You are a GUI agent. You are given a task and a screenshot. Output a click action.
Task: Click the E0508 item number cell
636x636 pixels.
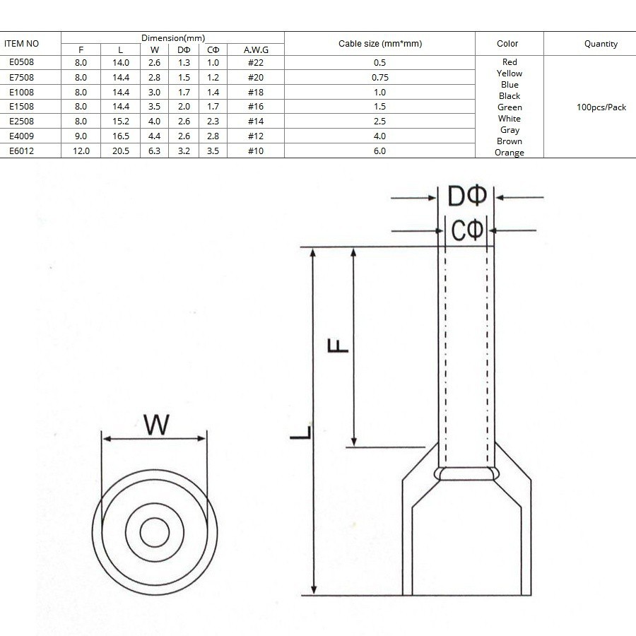(21, 62)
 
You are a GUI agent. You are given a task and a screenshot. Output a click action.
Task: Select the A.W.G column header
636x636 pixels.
(256, 50)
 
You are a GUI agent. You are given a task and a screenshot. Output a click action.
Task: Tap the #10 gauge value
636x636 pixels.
(256, 151)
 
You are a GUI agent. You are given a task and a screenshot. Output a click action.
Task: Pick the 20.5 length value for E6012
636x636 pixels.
(121, 151)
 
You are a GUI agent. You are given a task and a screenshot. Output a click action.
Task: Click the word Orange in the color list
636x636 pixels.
(510, 153)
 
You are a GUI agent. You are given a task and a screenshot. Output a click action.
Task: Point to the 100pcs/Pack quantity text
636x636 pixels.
(601, 107)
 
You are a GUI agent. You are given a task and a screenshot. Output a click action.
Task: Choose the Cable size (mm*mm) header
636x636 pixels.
(380, 43)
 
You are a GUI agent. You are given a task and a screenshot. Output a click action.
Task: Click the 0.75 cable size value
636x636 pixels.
(380, 78)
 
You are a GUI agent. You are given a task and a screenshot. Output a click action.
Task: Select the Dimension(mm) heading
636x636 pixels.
(173, 38)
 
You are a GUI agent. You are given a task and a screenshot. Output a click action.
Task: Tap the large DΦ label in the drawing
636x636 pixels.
(466, 196)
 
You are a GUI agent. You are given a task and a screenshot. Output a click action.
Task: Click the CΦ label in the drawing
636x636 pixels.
(467, 230)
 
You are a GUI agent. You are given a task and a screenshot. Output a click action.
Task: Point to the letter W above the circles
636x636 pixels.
(156, 425)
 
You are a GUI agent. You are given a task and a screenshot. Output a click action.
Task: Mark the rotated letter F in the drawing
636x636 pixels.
(338, 346)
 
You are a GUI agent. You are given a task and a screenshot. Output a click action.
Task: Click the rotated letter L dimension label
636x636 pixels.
(300, 432)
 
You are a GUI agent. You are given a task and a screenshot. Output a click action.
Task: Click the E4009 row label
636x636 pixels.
(21, 136)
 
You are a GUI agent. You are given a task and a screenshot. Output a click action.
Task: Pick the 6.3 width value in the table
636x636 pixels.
(154, 151)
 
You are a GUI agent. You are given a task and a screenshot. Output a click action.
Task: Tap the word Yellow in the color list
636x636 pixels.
(510, 73)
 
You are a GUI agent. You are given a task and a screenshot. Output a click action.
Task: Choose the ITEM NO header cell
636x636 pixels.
(21, 43)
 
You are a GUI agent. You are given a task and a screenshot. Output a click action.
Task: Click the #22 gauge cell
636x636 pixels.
(256, 62)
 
